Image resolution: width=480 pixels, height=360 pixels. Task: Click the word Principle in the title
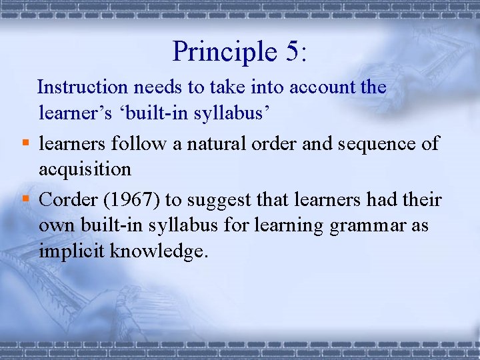pyautogui.click(x=217, y=51)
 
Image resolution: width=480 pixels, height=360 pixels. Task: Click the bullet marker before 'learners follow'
pyautogui.click(x=25, y=142)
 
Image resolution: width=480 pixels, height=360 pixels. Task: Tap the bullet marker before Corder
pyautogui.click(x=25, y=198)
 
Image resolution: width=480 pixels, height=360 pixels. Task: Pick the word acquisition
pyautogui.click(x=85, y=170)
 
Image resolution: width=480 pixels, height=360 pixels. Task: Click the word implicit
pyautogui.click(x=70, y=253)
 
